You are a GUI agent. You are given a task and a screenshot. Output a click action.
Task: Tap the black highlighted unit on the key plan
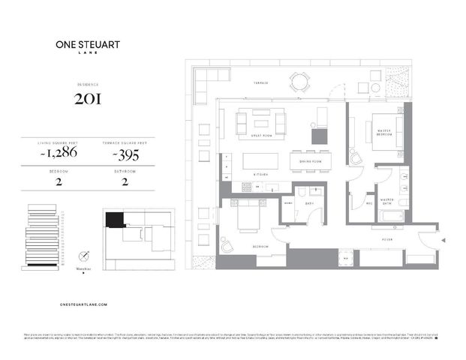(x=114, y=219)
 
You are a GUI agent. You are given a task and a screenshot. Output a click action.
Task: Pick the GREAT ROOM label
(x=260, y=136)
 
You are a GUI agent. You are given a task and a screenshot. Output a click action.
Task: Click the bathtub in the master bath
(x=392, y=217)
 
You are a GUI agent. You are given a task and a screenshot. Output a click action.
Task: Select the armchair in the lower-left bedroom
(x=227, y=247)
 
